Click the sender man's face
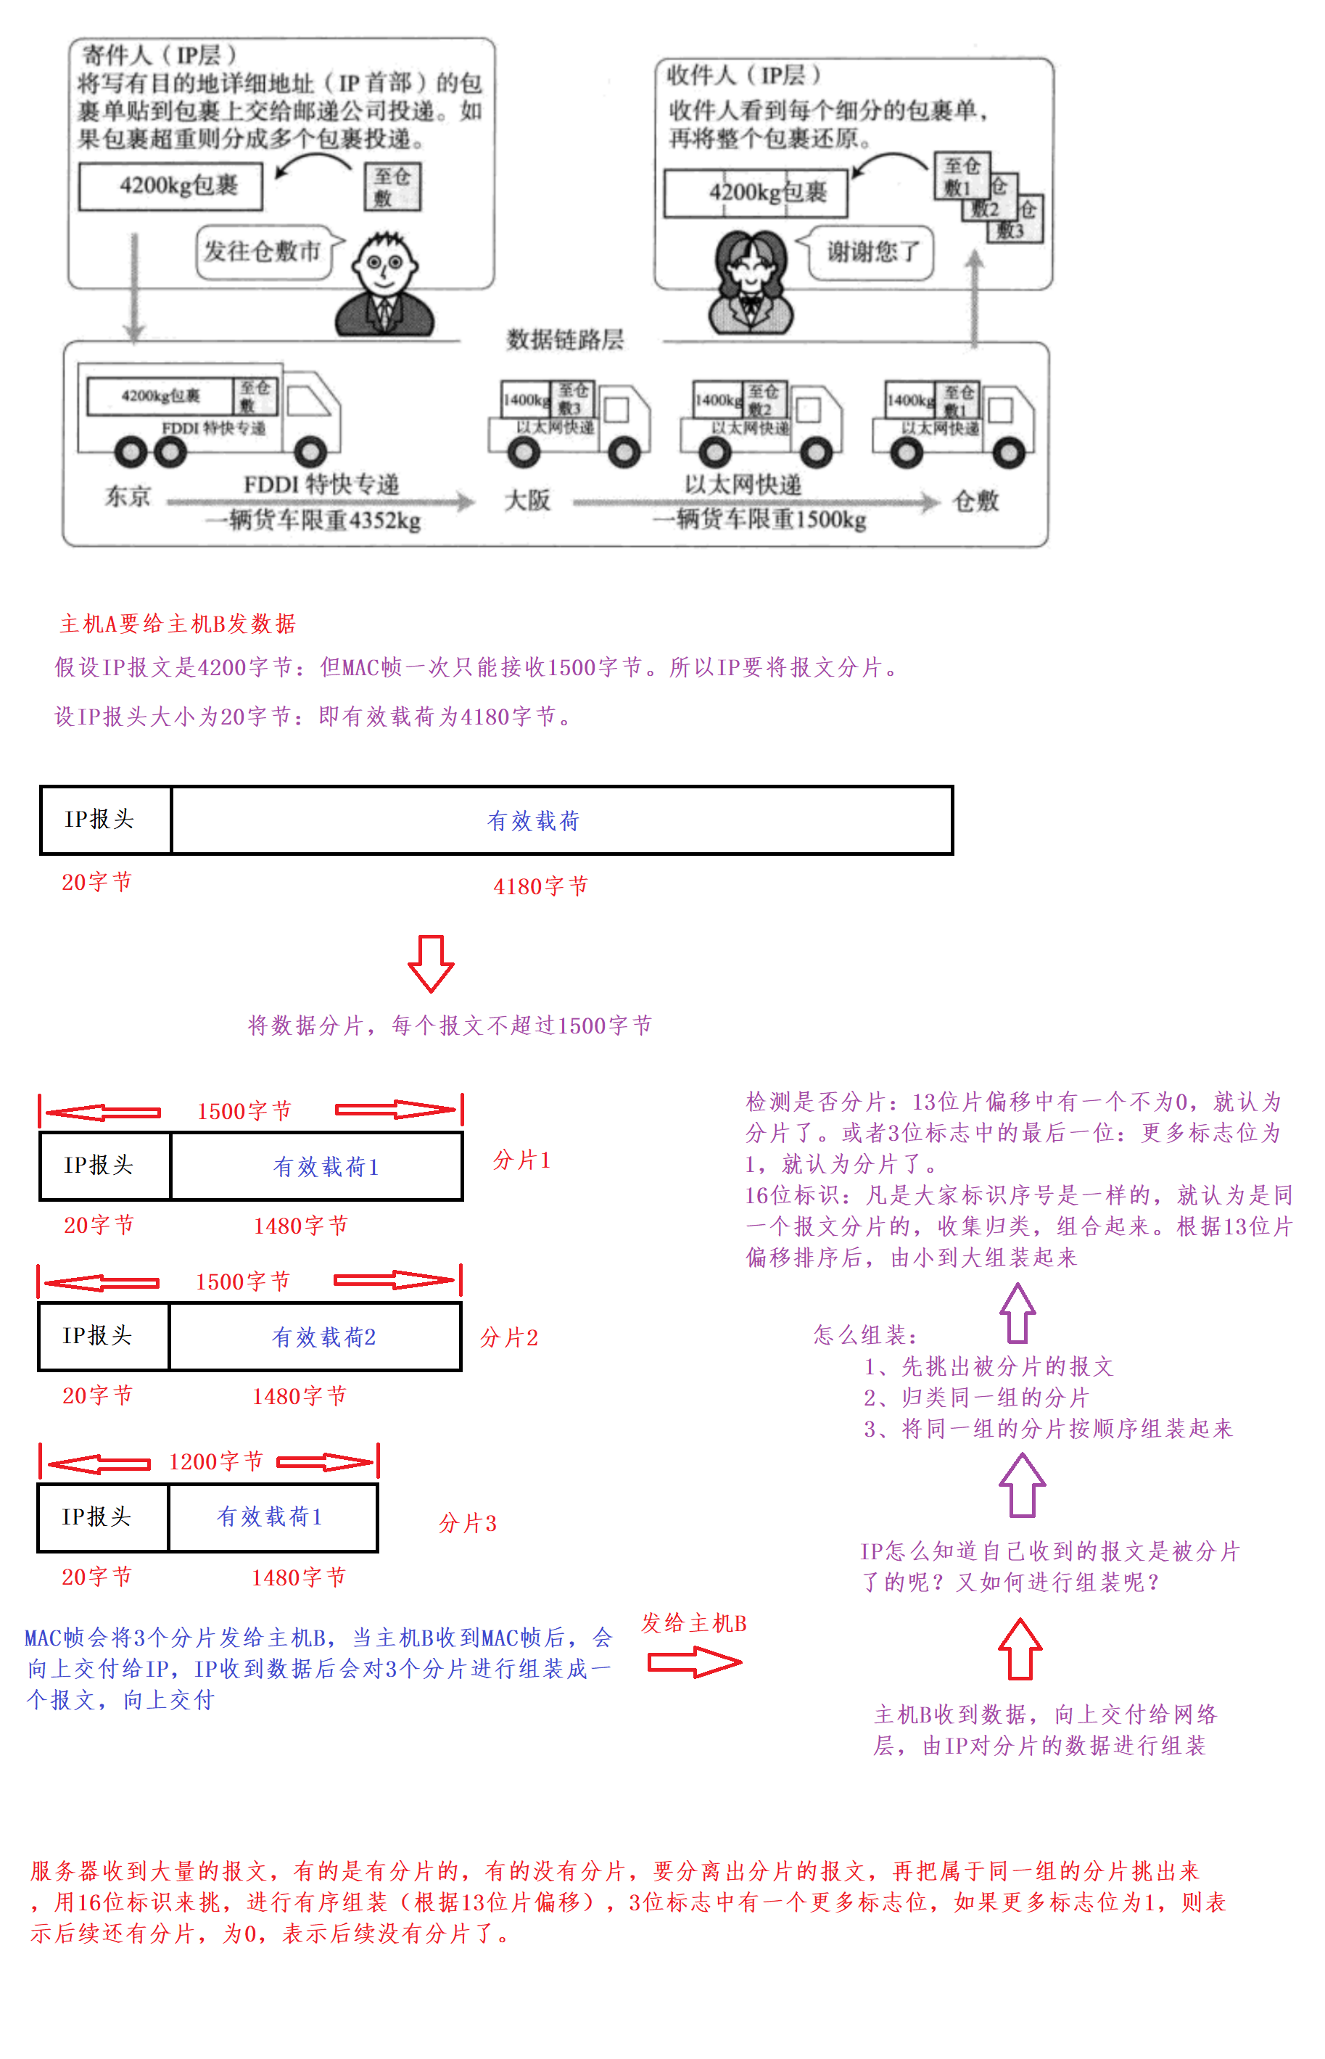[384, 267]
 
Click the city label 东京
[128, 497]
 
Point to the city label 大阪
[527, 500]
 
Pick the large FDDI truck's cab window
[307, 400]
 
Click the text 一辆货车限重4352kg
[313, 521]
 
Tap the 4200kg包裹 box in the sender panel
[170, 186]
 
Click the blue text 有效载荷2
[323, 1337]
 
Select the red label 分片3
[467, 1524]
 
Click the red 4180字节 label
[540, 886]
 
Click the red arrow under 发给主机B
[693, 1662]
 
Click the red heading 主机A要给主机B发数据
[177, 624]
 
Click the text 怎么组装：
[864, 1335]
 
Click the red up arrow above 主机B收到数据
[1020, 1649]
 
